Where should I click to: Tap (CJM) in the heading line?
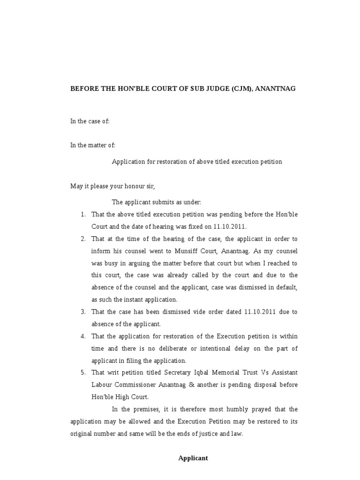click(x=240, y=88)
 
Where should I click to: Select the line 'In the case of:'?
click(x=90, y=121)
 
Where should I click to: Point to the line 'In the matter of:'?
click(x=92, y=145)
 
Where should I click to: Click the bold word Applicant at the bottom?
click(x=193, y=458)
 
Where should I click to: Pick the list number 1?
click(x=82, y=214)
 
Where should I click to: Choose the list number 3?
click(x=82, y=312)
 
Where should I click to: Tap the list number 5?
click(x=82, y=373)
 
